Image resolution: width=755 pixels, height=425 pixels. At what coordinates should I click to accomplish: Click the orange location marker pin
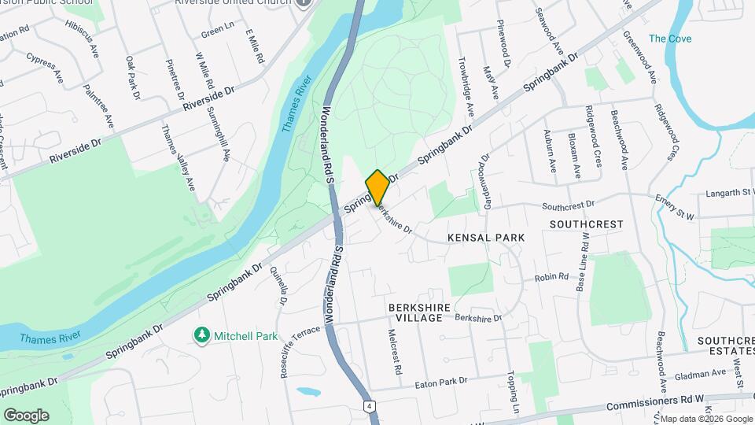point(377,187)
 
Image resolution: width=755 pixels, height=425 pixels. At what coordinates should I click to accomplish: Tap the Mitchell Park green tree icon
point(202,336)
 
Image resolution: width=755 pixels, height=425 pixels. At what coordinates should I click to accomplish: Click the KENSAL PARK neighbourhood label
point(485,237)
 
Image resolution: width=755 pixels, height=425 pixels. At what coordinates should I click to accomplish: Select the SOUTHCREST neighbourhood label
point(586,224)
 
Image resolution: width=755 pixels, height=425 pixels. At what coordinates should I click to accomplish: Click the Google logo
point(25,416)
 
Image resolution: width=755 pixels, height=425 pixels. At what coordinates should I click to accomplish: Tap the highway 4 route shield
point(368,406)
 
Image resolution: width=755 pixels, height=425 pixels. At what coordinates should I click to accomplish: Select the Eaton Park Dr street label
point(440,382)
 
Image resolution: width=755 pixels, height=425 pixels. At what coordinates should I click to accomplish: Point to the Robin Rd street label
point(551,277)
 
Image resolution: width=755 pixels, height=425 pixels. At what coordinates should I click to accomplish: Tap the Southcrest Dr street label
point(567,206)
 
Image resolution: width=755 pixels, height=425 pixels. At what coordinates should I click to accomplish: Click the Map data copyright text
point(705,419)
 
